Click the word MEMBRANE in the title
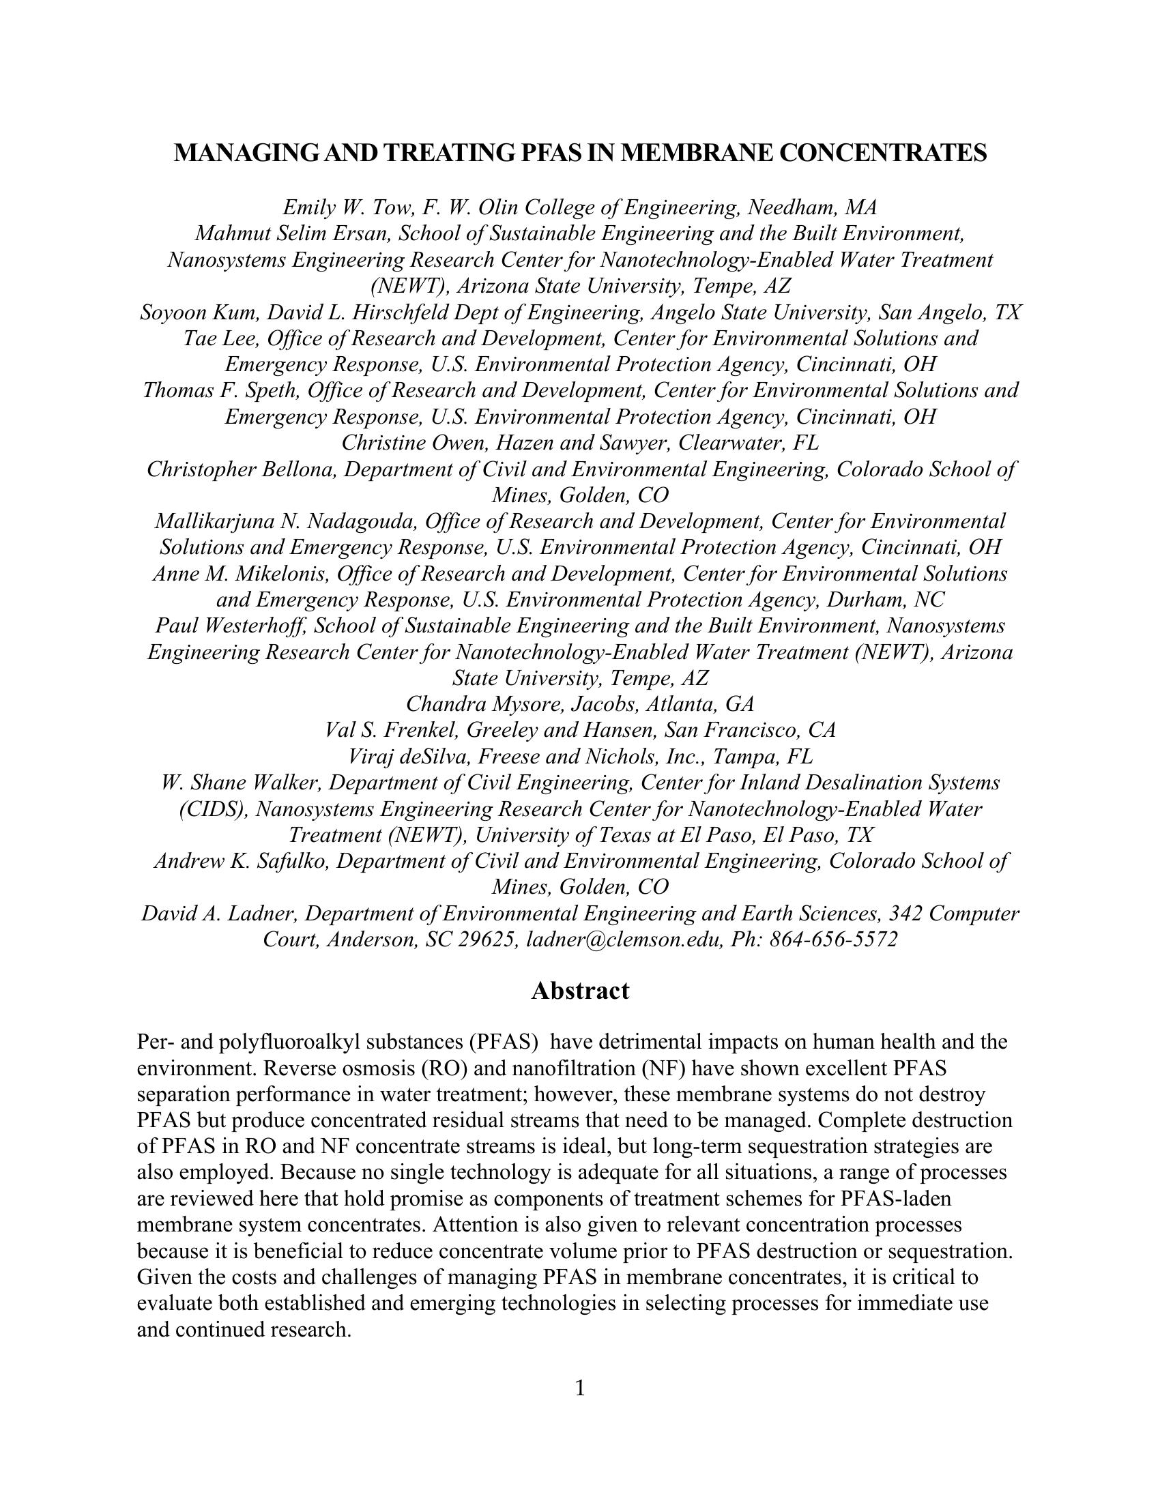click(695, 153)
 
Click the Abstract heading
click(580, 991)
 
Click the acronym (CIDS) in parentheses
click(214, 809)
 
